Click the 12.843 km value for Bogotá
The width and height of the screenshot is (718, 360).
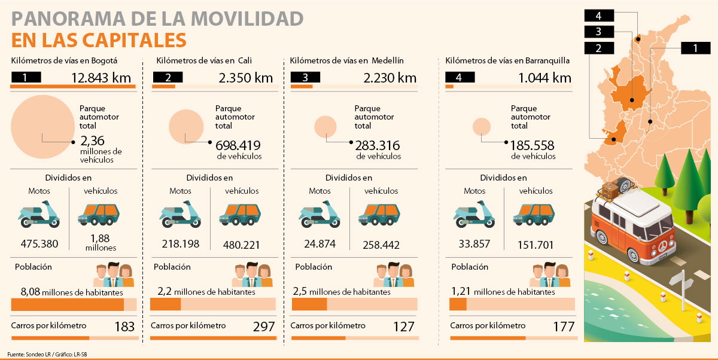[x=101, y=78]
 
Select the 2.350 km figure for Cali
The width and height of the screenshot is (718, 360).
[x=245, y=78]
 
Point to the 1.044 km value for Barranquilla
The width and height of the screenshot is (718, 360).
[x=544, y=78]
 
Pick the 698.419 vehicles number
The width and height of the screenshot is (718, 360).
[x=238, y=145]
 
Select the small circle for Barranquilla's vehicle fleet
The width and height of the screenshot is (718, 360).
[x=482, y=127]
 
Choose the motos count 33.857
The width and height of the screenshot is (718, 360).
[x=473, y=244]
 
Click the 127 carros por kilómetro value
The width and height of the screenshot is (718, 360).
[x=404, y=327]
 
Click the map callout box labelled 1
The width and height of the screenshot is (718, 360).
[x=694, y=48]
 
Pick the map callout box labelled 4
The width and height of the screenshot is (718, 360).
[x=598, y=16]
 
